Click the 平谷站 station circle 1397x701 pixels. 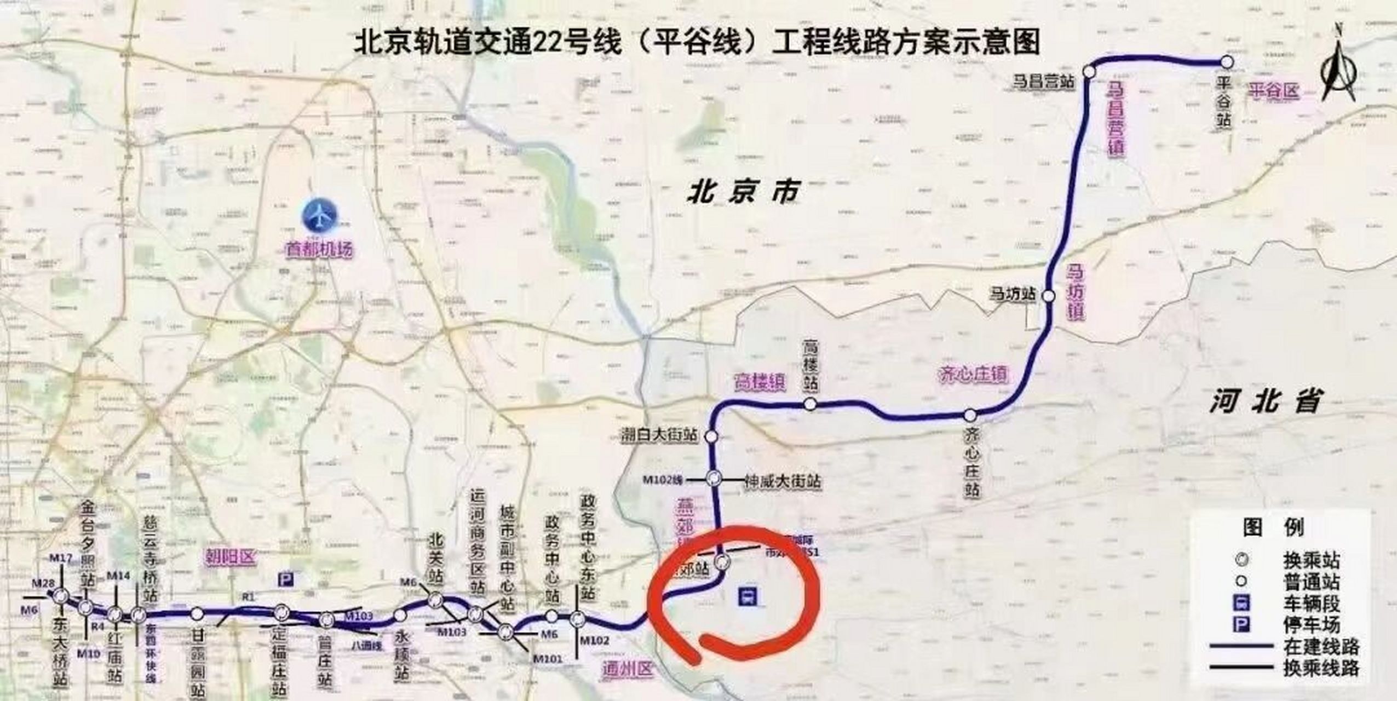tap(1227, 62)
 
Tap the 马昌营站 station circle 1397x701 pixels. tap(1089, 71)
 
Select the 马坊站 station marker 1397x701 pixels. tap(1048, 296)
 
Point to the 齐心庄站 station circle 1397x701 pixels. tap(970, 415)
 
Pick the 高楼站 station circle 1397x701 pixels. tap(810, 404)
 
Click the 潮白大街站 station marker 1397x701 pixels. tap(711, 436)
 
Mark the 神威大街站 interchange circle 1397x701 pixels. tap(713, 478)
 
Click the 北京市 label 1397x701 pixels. tap(743, 193)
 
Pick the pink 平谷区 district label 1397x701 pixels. tap(1274, 90)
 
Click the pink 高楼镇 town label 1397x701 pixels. tap(760, 382)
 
